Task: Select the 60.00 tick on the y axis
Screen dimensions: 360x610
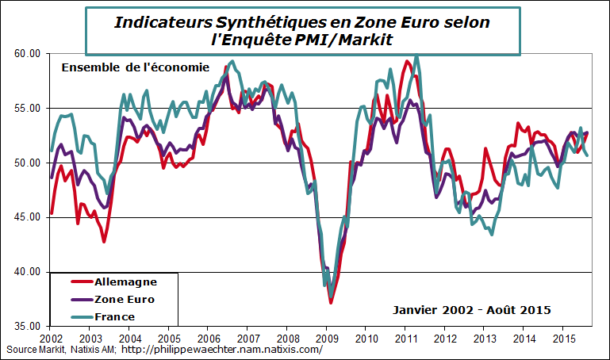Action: click(x=26, y=53)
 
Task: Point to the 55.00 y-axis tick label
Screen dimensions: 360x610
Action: click(x=26, y=108)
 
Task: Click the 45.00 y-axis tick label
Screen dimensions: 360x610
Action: click(x=26, y=217)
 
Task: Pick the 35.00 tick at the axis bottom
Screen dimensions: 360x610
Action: click(x=26, y=326)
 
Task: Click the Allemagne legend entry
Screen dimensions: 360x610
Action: click(x=125, y=281)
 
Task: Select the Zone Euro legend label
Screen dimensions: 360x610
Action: click(x=125, y=299)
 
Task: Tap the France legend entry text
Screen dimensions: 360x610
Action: click(x=114, y=316)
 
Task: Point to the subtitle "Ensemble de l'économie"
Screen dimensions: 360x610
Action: click(x=135, y=67)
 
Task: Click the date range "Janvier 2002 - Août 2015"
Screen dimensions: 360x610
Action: click(x=471, y=309)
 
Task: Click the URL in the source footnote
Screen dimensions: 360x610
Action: click(x=222, y=350)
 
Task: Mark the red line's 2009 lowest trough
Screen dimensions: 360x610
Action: click(x=331, y=303)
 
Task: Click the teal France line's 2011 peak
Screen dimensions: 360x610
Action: click(x=417, y=56)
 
